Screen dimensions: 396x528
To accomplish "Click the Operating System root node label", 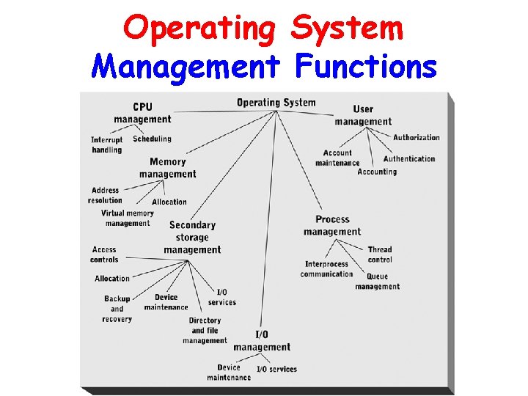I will click(276, 103).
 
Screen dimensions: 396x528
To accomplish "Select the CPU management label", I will click(142, 113).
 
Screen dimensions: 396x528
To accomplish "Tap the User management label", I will click(363, 115).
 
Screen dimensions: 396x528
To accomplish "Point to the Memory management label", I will click(167, 168).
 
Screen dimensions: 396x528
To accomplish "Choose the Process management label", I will click(332, 225).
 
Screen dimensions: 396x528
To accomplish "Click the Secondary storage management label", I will click(192, 237).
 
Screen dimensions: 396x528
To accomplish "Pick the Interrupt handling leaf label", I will click(107, 144).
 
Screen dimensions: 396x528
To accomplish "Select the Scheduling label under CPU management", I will click(152, 139).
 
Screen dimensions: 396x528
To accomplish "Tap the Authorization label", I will click(416, 137).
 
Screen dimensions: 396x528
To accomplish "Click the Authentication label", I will click(408, 158).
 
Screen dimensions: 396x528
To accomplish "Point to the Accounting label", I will click(377, 172).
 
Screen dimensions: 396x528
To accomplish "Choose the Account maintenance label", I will click(337, 158).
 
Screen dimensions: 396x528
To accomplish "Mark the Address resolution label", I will click(105, 196).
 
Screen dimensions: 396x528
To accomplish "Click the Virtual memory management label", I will click(128, 218).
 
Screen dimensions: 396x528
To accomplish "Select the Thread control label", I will click(380, 254).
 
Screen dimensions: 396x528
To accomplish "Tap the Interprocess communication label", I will click(326, 269).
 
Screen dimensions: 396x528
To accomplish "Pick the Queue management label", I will click(378, 282).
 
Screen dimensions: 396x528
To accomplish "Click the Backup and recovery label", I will click(117, 309).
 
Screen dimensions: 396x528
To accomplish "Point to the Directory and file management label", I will click(205, 330).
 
